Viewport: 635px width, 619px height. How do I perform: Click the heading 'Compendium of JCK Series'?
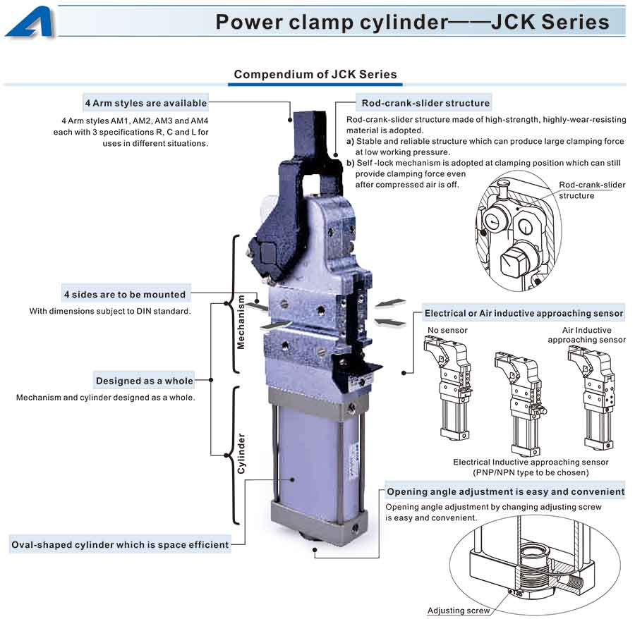point(315,74)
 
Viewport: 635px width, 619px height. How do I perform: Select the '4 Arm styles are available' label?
point(145,103)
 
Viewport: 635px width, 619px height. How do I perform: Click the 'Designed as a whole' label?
point(144,381)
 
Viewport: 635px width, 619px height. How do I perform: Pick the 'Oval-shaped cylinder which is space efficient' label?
point(120,544)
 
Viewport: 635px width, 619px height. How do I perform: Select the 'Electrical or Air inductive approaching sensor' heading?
point(524,313)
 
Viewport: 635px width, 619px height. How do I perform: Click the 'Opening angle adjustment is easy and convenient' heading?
point(505,491)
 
